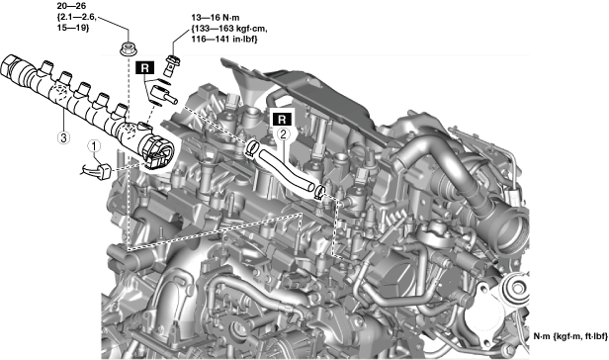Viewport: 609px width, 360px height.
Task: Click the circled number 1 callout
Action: (x=94, y=146)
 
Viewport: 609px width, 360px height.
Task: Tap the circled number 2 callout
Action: (x=283, y=134)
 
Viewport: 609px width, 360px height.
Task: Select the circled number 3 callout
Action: (x=63, y=136)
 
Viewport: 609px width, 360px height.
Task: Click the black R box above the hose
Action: (x=283, y=119)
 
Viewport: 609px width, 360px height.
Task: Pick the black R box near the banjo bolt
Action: (x=145, y=68)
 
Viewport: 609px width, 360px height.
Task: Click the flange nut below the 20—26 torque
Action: (x=127, y=48)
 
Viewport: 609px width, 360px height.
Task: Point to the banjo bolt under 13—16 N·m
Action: (x=171, y=65)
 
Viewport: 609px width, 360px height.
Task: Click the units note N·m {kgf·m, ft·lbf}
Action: (x=569, y=336)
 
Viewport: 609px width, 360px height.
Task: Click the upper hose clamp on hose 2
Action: (x=252, y=148)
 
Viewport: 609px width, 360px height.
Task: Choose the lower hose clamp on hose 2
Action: (x=320, y=192)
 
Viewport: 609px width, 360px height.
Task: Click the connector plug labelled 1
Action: (x=104, y=172)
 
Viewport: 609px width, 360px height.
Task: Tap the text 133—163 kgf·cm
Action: (x=229, y=29)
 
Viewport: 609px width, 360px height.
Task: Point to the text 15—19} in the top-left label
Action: (x=73, y=27)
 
